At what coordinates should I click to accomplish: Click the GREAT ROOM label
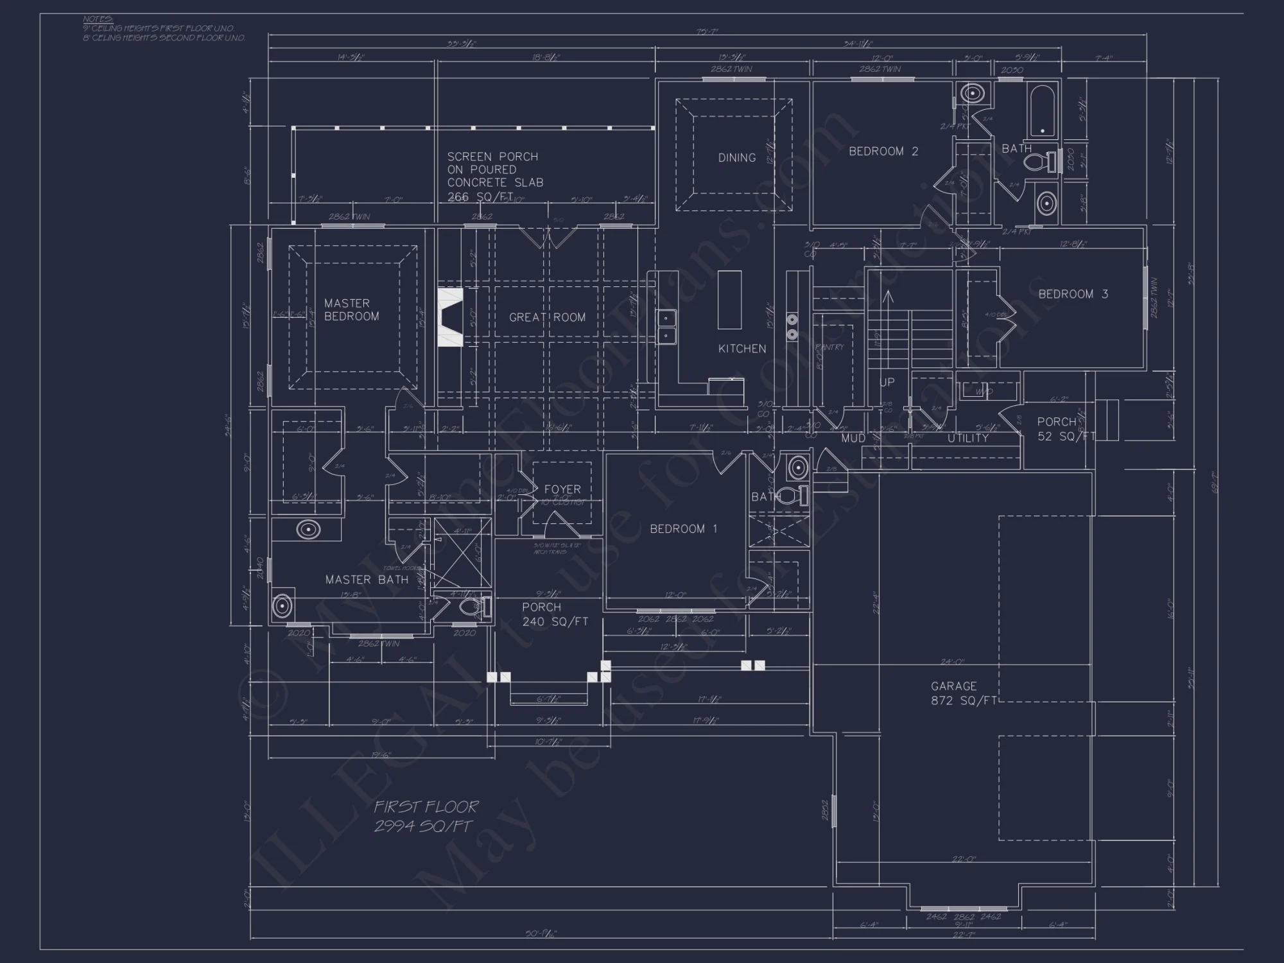547,317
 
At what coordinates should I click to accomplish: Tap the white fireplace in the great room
450,317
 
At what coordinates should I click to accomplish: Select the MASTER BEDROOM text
351,309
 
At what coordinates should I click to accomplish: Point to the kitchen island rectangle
729,300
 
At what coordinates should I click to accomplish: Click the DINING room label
736,157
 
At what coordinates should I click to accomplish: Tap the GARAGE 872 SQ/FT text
962,693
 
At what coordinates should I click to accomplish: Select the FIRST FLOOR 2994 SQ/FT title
426,816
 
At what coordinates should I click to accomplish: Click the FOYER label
562,489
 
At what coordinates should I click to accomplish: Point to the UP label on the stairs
887,382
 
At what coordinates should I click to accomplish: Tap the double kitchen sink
666,326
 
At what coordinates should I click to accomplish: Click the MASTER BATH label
367,579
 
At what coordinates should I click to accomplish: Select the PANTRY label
829,347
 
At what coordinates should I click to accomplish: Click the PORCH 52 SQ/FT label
1064,429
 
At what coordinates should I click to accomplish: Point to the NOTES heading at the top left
98,19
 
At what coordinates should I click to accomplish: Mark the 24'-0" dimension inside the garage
952,662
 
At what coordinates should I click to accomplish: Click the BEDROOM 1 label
683,528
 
